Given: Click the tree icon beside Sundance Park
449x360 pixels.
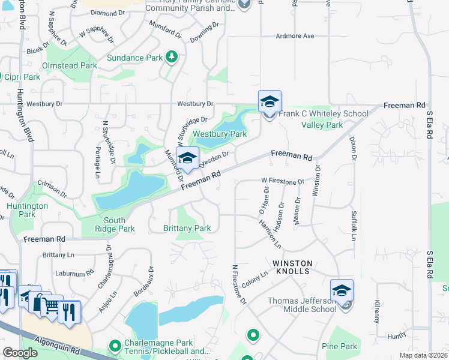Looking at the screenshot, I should [172, 58].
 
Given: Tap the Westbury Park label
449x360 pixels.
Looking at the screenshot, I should [220, 134].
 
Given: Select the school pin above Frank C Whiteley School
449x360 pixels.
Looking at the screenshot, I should [270, 102].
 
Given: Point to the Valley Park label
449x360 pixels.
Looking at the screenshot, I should [322, 125].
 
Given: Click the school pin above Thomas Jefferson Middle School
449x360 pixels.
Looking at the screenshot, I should [342, 291].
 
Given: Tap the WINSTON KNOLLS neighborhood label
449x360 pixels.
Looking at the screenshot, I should [292, 267].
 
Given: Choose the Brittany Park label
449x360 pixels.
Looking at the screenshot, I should [187, 228].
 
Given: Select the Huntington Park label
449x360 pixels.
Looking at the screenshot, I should [28, 210].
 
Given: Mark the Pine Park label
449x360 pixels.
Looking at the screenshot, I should [339, 346].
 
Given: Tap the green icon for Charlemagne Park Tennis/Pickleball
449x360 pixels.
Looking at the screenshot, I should [115, 346].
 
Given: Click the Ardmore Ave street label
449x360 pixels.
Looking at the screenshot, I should [295, 36].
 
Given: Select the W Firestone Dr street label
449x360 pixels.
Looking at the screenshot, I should [283, 180].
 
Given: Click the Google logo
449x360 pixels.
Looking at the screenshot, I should [20, 353].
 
